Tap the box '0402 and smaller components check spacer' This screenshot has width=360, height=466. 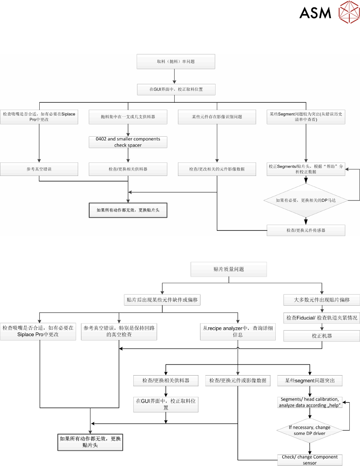[128, 142]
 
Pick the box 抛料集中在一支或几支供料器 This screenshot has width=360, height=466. [128, 117]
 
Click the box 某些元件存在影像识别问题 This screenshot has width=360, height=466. [217, 117]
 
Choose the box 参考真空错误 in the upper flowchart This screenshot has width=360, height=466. [39, 169]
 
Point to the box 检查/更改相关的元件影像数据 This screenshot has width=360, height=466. [217, 169]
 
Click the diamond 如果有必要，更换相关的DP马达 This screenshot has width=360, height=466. [306, 200]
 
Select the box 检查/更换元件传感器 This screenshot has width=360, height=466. [306, 230]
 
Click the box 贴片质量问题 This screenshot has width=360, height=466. [229, 269]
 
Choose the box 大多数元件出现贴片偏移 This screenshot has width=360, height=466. [322, 299]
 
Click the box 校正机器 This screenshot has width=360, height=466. [322, 336]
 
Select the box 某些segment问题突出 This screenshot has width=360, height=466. [310, 380]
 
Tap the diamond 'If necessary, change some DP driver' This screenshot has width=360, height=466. [310, 430]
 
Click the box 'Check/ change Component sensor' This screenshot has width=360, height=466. [310, 460]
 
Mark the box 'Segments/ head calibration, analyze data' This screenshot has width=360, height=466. [310, 402]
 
